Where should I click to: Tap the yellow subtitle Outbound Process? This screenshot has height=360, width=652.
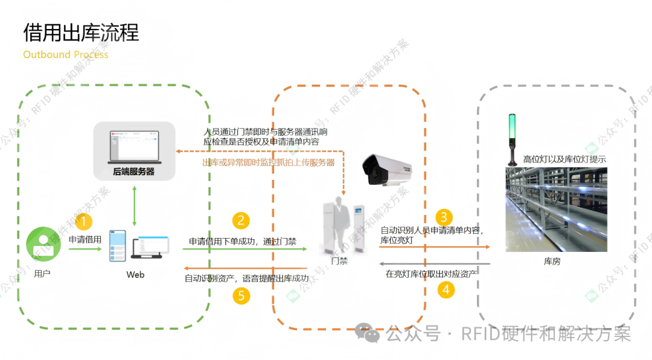(66, 54)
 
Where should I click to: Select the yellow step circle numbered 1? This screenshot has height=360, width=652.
(85, 221)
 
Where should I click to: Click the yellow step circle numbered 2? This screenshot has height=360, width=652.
(241, 220)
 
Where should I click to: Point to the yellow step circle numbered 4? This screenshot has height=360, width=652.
(446, 290)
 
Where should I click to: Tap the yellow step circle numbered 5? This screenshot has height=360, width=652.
(241, 296)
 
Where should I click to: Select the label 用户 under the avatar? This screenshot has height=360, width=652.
(42, 274)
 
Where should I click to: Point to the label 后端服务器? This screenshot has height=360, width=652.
(134, 172)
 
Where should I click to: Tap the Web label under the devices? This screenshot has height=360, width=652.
(135, 275)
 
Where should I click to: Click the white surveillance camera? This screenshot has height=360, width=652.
(389, 171)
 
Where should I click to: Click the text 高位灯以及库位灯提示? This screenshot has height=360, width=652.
(564, 159)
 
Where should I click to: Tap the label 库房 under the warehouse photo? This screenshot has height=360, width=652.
(552, 262)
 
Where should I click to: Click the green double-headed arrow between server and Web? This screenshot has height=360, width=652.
(135, 205)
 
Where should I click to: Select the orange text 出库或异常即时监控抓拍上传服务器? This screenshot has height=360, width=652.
(268, 162)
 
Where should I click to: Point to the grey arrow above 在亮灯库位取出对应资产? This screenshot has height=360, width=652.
(435, 263)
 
